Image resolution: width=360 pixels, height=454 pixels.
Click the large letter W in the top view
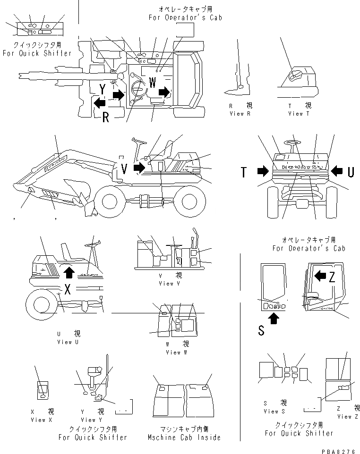[x=152, y=82]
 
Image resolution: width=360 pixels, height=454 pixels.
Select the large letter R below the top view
[x=106, y=117]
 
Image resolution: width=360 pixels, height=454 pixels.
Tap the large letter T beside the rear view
[x=244, y=173]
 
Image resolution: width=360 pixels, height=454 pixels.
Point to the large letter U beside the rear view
[x=351, y=172]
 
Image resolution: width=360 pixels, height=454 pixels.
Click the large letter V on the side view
[x=124, y=168]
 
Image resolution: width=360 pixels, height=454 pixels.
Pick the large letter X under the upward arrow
[x=68, y=289]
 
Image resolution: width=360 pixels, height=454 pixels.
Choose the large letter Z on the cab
[x=332, y=277]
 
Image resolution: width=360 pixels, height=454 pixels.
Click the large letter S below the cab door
[x=261, y=331]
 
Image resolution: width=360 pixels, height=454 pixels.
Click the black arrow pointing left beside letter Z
[x=319, y=275]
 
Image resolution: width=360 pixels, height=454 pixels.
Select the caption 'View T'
[x=299, y=114]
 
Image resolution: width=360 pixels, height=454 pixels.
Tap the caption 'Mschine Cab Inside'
[x=188, y=437]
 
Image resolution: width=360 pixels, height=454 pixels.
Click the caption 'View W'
[x=173, y=352]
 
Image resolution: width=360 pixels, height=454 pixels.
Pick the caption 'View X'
[x=42, y=420]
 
